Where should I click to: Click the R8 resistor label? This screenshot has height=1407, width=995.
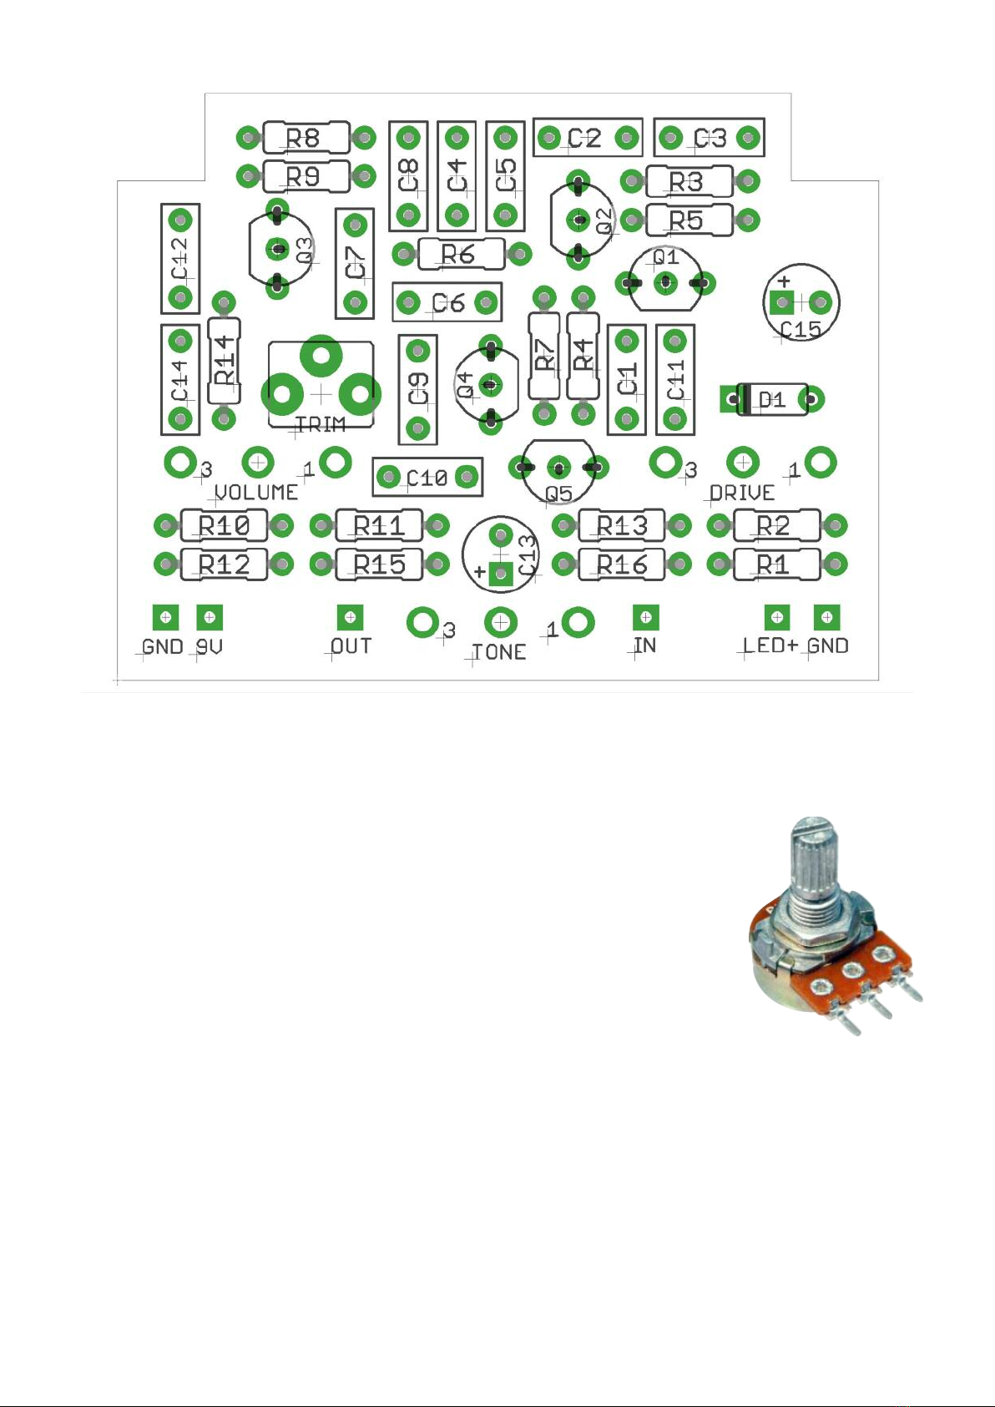pos(302,138)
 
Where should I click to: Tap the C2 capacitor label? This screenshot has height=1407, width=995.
pos(584,138)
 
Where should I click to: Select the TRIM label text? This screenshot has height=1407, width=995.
pos(321,425)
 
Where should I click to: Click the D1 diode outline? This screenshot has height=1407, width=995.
pos(771,399)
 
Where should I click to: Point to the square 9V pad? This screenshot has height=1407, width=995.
pos(210,617)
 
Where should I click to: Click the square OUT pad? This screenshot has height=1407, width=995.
pos(351,617)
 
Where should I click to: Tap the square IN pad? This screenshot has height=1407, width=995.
pos(645,617)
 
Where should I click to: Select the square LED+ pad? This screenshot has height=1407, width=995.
pos(776,617)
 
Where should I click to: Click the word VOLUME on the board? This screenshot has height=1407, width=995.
pos(257,492)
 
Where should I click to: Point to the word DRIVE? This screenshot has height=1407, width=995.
pos(742,493)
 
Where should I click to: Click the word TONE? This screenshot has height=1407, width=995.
pos(499,652)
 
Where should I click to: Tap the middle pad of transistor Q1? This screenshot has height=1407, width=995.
pos(665,283)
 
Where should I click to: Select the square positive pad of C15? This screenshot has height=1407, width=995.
pos(782,303)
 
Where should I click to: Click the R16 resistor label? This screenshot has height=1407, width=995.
pos(622,564)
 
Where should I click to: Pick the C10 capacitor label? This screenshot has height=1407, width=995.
pos(427,478)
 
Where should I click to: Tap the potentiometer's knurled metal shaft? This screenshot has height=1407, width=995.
pos(814,864)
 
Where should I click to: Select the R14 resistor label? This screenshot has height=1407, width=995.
pos(225,361)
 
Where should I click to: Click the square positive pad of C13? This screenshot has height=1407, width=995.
pos(500,574)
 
